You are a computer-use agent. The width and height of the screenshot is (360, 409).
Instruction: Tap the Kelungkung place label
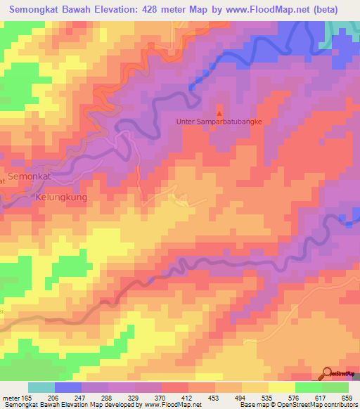pyautogui.click(x=61, y=198)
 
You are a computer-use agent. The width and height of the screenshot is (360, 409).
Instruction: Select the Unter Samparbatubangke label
pyautogui.click(x=219, y=122)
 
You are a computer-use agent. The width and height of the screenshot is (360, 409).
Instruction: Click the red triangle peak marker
pyautogui.click(x=219, y=112)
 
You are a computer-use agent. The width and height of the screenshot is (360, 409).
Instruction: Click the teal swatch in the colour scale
pyautogui.click(x=41, y=387)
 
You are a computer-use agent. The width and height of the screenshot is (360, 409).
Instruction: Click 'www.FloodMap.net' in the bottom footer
pyautogui.click(x=170, y=405)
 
